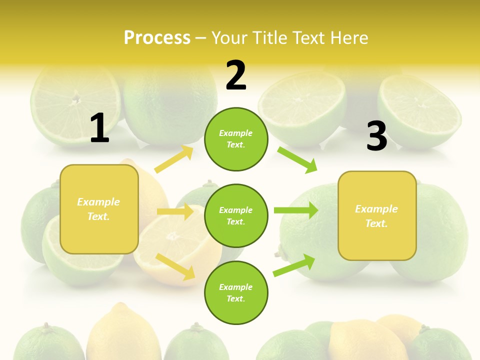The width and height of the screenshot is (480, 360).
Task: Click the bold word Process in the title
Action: (157, 38)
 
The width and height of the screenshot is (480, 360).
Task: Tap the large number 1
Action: (99, 128)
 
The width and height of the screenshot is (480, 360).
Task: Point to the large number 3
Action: (376, 136)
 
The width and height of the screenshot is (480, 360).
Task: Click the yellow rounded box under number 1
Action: (99, 209)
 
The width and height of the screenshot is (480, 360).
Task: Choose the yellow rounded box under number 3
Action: (377, 215)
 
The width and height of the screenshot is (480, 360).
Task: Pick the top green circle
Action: (236, 139)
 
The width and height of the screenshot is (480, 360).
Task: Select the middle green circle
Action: (236, 215)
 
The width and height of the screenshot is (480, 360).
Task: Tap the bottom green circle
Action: (236, 292)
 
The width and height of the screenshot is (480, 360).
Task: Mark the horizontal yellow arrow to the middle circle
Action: (175, 211)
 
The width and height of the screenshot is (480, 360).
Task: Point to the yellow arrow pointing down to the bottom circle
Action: (175, 266)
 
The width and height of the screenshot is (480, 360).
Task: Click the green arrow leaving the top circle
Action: (297, 159)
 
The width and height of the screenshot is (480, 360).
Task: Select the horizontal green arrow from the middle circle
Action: (295, 210)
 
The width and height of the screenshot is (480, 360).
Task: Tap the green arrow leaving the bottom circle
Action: (294, 265)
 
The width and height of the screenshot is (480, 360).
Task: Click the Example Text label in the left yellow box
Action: (98, 209)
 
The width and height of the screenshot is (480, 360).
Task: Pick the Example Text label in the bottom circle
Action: (235, 292)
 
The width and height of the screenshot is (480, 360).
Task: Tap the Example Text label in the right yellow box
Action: (376, 216)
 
